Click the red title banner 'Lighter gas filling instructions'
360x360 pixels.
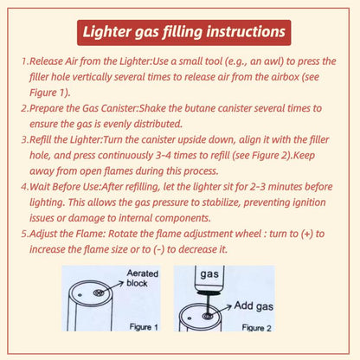180,32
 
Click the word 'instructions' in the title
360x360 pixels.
238,32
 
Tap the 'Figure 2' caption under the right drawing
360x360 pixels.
257,328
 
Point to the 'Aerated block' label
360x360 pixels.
144,279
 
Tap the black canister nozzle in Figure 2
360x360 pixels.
209,297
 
